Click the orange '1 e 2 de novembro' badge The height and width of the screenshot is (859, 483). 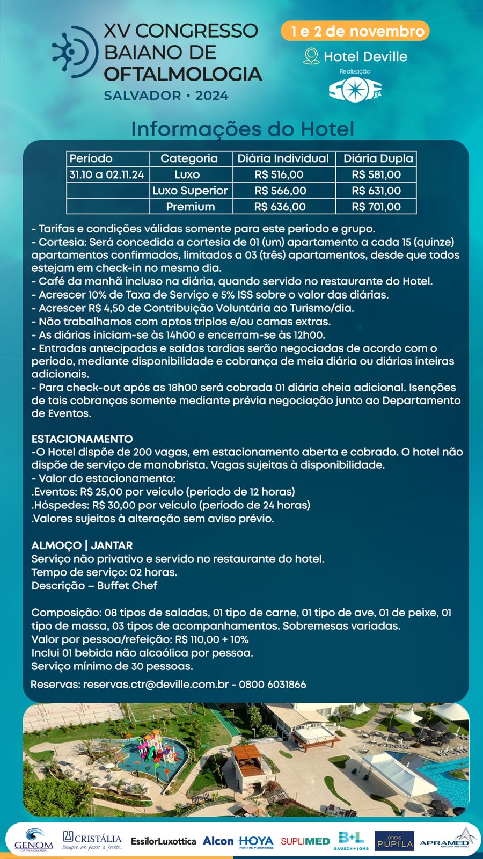355,31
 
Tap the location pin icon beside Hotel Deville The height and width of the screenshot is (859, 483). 311,56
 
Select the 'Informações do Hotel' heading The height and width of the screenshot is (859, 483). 243,129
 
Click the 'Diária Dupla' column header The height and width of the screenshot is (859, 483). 378,158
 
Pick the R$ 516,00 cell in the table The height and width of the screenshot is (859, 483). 279,174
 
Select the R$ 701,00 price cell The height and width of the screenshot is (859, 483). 376,207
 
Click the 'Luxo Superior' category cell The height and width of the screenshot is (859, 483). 190,191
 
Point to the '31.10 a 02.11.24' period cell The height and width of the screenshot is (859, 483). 107,174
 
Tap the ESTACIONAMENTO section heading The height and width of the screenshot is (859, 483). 82,439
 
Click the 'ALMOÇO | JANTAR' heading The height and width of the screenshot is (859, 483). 82,545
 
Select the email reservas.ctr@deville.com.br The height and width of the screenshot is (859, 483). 156,685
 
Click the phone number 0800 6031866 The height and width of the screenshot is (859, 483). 273,685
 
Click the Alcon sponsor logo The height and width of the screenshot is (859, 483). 218,841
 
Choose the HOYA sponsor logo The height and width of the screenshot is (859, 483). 256,841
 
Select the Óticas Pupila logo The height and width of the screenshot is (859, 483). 394,841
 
